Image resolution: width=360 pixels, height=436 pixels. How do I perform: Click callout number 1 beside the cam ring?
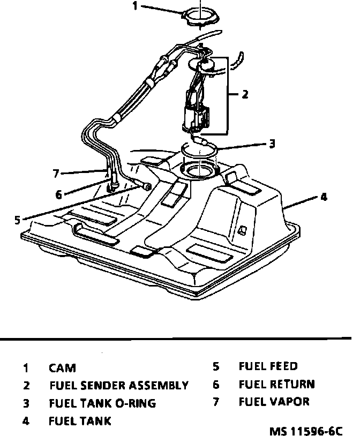pyautogui.click(x=135, y=6)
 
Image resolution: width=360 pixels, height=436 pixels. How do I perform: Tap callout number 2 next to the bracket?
pyautogui.click(x=245, y=95)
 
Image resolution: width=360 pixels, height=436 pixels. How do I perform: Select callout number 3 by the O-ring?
pyautogui.click(x=272, y=144)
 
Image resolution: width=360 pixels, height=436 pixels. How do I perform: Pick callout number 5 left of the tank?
pyautogui.click(x=18, y=219)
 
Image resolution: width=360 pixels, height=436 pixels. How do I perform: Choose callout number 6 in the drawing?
pyautogui.click(x=58, y=194)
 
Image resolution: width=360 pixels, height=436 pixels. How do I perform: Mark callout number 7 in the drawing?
pyautogui.click(x=55, y=172)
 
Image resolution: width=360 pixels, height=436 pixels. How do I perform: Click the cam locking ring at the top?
pyautogui.click(x=200, y=18)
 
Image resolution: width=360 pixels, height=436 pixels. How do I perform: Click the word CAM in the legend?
pyautogui.click(x=62, y=368)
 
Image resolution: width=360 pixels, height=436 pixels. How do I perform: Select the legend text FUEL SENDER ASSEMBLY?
pyautogui.click(x=119, y=385)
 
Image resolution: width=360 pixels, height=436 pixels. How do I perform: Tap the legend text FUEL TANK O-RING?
pyautogui.click(x=102, y=403)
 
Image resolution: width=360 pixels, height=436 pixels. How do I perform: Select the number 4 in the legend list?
pyautogui.click(x=25, y=420)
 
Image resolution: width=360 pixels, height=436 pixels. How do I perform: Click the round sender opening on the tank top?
pyautogui.click(x=199, y=172)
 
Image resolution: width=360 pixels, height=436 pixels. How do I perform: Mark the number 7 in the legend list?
pyautogui.click(x=216, y=401)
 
